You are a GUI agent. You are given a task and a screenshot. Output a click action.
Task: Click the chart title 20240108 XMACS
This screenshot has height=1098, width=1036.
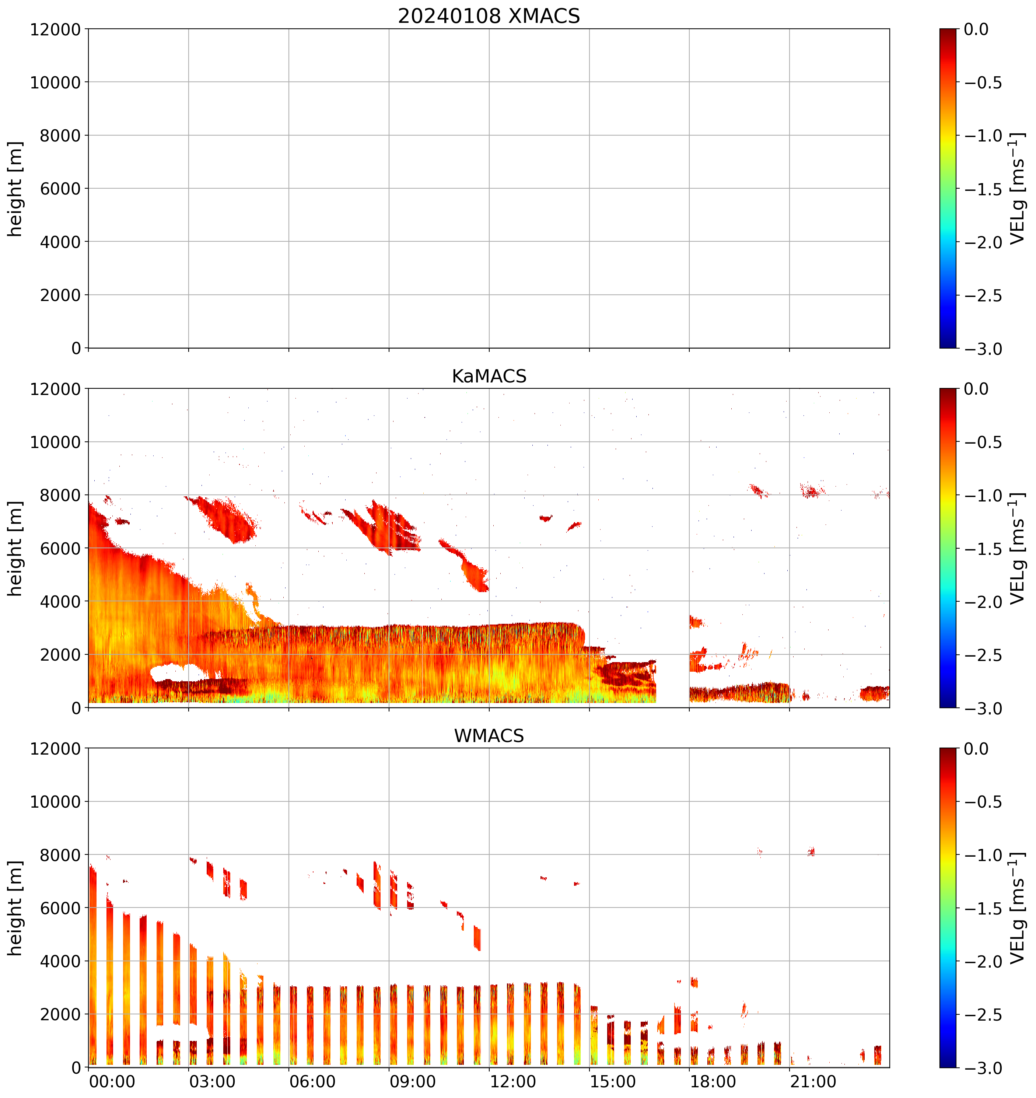(x=489, y=16)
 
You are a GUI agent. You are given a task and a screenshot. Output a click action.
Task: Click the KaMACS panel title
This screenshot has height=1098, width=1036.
(x=489, y=376)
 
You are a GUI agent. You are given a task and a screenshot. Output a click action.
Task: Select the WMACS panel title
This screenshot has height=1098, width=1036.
(x=489, y=736)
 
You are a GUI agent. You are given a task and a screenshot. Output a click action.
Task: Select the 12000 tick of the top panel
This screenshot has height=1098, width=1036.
(x=55, y=29)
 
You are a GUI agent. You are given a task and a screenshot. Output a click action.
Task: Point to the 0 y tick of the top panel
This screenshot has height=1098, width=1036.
(x=76, y=348)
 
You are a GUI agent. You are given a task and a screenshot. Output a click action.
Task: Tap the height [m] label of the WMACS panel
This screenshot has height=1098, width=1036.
(x=15, y=908)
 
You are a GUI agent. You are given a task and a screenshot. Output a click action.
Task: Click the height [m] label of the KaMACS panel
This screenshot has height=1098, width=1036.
(x=15, y=549)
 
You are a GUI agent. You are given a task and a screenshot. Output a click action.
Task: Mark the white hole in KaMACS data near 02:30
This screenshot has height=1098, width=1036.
(x=177, y=673)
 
